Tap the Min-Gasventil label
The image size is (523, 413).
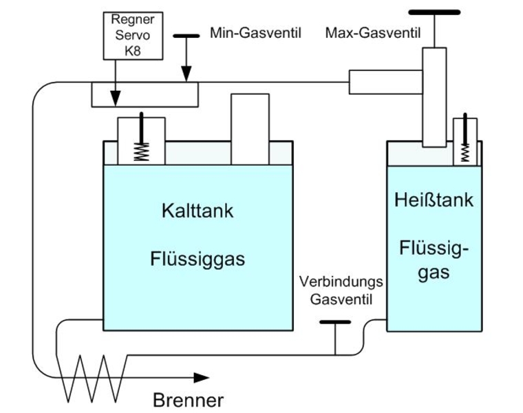click(255, 33)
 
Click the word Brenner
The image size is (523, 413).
click(188, 400)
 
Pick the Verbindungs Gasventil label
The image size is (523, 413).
click(341, 290)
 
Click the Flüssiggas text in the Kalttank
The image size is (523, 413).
click(198, 260)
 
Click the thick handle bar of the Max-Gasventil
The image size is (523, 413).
click(434, 12)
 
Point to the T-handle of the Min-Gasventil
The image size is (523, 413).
click(186, 36)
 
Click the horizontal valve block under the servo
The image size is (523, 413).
click(145, 94)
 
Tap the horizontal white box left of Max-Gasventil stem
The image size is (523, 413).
click(386, 82)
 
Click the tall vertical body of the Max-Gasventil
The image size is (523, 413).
click(434, 96)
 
